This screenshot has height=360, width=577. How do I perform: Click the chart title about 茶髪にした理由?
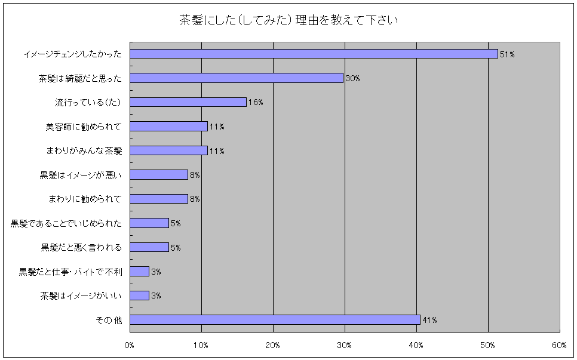[x=288, y=20]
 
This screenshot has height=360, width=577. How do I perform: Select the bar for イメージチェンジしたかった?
[x=314, y=54]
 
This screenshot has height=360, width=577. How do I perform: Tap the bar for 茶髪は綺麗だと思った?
[x=237, y=78]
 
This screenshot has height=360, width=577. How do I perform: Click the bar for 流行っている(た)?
[x=188, y=102]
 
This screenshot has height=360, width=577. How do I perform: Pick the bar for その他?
[x=275, y=319]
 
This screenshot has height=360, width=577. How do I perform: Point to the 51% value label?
[x=507, y=54]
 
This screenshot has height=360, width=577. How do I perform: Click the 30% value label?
[x=352, y=78]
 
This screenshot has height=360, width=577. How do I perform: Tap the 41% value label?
[x=429, y=320]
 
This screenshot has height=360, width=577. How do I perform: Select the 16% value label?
[x=256, y=102]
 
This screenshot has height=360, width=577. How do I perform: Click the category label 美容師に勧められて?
[x=84, y=127]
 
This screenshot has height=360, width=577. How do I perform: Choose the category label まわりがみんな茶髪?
[x=84, y=150]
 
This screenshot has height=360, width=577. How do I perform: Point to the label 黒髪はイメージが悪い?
[x=81, y=175]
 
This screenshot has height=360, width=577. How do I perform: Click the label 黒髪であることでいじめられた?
[x=66, y=223]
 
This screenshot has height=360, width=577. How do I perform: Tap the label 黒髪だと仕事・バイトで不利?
[x=70, y=272]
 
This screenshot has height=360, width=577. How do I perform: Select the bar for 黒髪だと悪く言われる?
[x=149, y=247]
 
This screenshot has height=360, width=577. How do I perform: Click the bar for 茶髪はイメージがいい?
[x=140, y=296]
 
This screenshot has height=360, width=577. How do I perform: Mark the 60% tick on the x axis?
[x=559, y=345]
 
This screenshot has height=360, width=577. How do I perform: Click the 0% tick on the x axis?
[x=130, y=345]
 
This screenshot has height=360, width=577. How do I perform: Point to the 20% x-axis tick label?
[x=273, y=345]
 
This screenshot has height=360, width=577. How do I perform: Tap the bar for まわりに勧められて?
[x=159, y=199]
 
